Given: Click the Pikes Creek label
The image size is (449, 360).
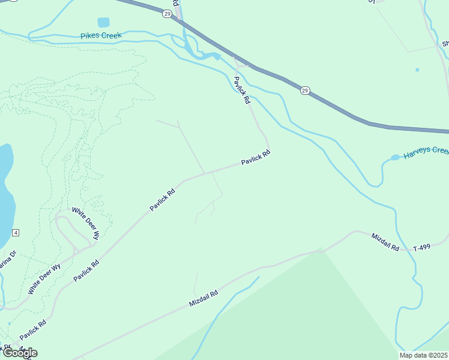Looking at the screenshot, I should coord(101,36).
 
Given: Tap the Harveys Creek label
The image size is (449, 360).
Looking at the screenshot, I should coord(426,154).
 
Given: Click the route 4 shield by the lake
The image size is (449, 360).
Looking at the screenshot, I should coord(16,232).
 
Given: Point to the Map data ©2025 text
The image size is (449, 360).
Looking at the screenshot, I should coord(424,355).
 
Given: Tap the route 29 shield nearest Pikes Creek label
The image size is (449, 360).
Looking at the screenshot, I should coord(167,13).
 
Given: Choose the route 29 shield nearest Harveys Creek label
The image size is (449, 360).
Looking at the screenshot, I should coord(306,91).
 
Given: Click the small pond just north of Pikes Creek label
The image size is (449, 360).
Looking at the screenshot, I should coord(104,22).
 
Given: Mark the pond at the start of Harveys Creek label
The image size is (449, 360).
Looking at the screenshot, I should coord(395,158).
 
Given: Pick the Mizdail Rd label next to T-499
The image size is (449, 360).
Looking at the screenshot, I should coord(385,242).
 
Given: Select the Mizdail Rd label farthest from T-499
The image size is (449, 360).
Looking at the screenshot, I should coord(203,299).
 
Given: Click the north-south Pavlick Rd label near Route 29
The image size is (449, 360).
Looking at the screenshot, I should coord(241,91).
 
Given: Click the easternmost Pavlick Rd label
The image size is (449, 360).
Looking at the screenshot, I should coord(256,158).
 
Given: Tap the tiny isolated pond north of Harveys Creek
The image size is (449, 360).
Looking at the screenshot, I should coord(417,70).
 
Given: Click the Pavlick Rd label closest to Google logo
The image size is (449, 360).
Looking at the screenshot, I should coord(32,330).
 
